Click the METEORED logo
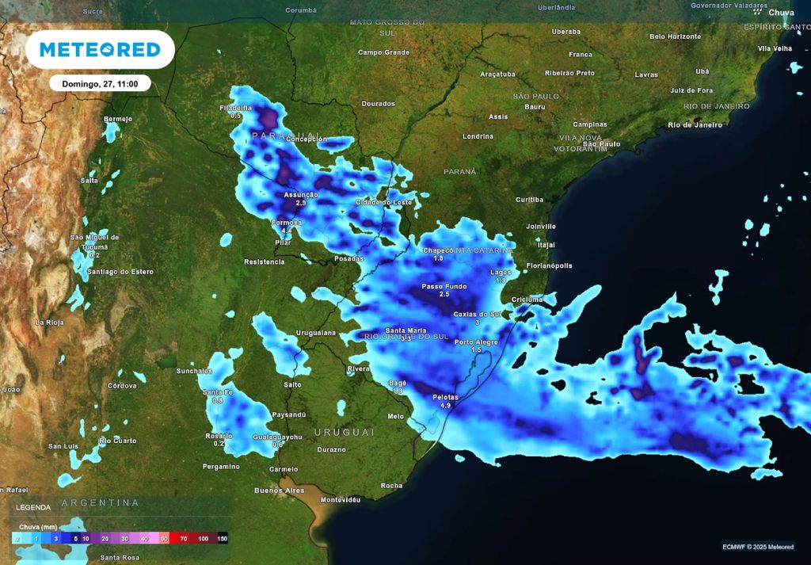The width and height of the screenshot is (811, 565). tap(100, 50)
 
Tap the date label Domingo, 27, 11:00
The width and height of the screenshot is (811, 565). tap(100, 83)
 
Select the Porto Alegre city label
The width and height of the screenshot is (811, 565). tap(476, 342)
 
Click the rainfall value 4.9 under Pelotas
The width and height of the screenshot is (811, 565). tap(445, 405)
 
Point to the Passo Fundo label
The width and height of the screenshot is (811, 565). tap(444, 286)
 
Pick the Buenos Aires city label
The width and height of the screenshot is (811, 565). tap(279, 491)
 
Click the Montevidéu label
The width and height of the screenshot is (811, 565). tap(341, 500)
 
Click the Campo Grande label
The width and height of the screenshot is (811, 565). tap(383, 52)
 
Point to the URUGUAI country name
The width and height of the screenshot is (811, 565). tap(344, 432)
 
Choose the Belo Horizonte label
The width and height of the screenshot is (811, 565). tap(675, 36)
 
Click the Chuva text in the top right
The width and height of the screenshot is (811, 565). tap(781, 12)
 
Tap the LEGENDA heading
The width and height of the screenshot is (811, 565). tap(32, 507)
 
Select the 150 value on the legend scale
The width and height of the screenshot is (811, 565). tap(223, 538)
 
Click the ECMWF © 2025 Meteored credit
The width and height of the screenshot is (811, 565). tap(758, 546)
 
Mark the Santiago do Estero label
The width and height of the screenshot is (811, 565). tap(120, 272)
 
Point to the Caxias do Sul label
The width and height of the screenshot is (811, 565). tap(478, 314)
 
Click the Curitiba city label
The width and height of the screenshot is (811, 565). tap(529, 200)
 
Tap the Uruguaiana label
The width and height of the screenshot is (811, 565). tap(315, 332)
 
